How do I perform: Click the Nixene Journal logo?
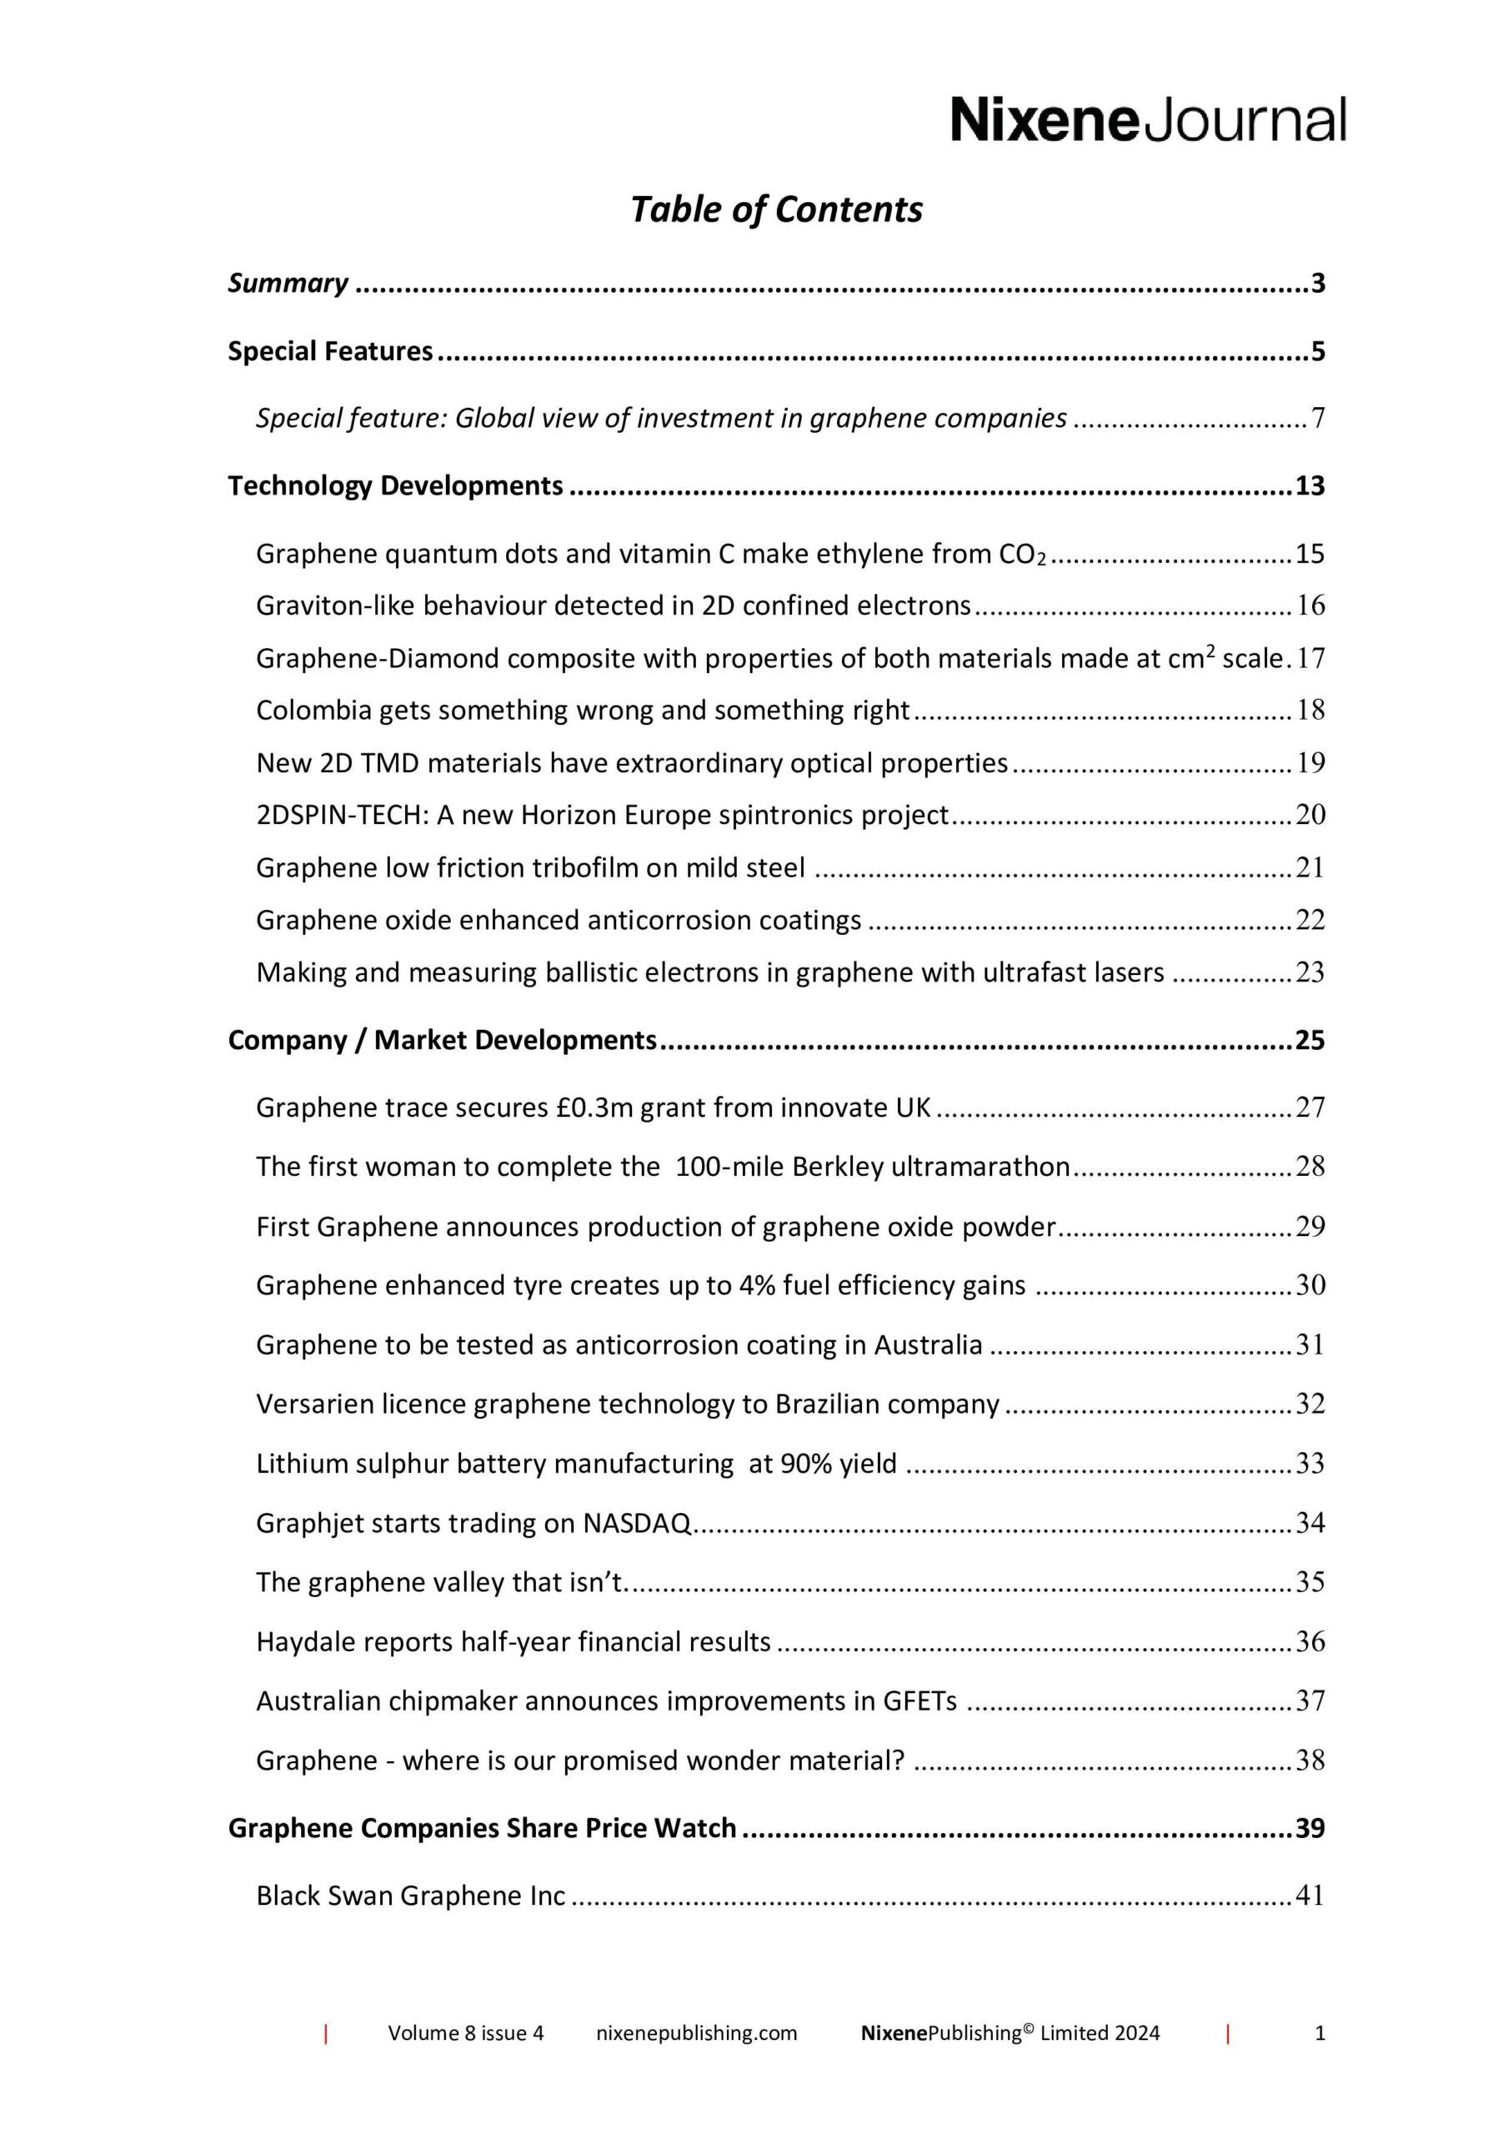point(1147,119)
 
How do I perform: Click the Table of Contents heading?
point(776,210)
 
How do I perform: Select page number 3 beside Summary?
point(1317,283)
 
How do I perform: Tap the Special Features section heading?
point(330,351)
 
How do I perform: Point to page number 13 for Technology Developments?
point(1309,486)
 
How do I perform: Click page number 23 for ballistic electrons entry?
point(1309,972)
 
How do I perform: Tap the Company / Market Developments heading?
point(443,1040)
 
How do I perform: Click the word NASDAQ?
point(637,1523)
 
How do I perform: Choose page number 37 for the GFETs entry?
point(1309,1701)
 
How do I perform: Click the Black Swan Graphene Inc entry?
point(410,1896)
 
